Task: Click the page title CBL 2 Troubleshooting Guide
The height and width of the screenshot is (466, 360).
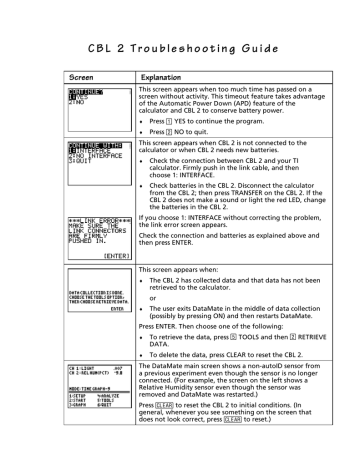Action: point(181,47)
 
